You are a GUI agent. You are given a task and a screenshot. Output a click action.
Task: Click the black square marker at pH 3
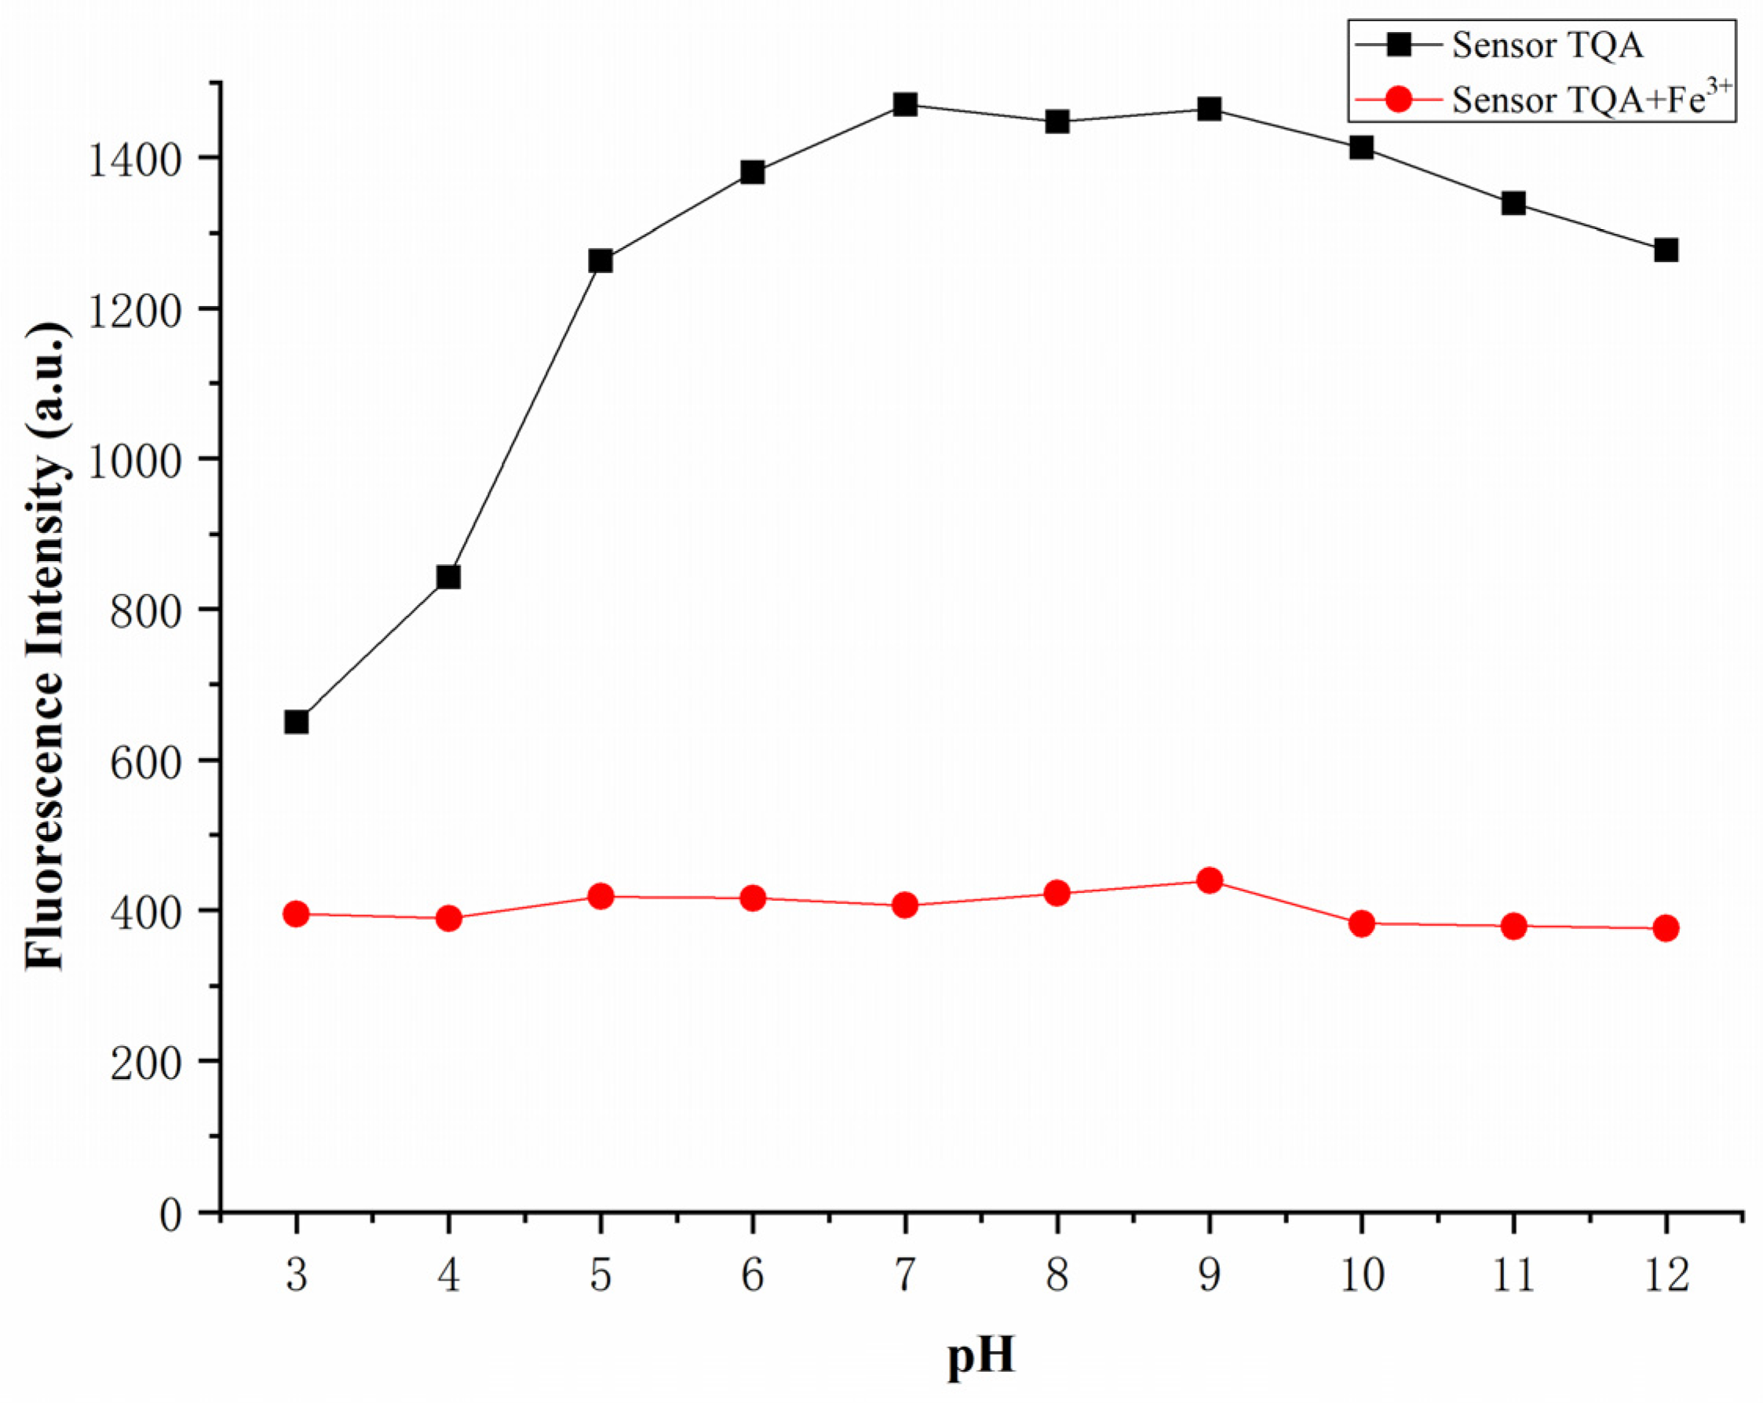(297, 722)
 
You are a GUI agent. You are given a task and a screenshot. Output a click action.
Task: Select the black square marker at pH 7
(904, 104)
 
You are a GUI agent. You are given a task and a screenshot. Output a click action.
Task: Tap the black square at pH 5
(600, 261)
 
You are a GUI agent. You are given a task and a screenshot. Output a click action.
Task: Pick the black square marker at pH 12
(1666, 250)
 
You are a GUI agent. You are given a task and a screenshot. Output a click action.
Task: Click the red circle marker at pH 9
(1210, 880)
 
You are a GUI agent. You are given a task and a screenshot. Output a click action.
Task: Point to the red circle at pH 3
(297, 913)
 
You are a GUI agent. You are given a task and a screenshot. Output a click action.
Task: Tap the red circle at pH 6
(752, 898)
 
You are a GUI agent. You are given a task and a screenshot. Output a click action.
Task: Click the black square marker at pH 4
(448, 578)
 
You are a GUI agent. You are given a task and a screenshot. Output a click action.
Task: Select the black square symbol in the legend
(1399, 45)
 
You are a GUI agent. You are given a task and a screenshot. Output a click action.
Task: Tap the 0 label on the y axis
(170, 1215)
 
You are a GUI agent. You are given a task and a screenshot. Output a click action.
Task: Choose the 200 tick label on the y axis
(145, 1063)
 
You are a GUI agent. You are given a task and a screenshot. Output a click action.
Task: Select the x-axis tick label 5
(600, 1275)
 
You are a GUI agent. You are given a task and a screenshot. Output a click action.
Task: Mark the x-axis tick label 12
(1666, 1275)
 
